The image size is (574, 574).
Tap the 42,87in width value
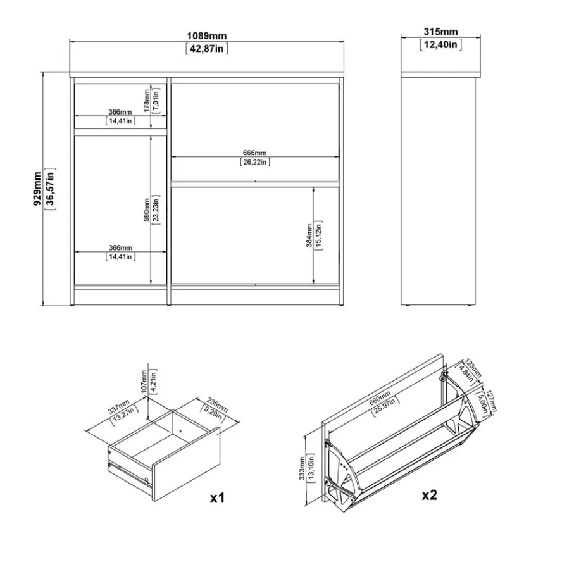click(206, 49)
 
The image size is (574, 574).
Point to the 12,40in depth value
click(440, 44)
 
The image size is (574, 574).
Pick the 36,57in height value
click(51, 189)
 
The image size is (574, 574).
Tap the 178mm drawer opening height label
click(146, 100)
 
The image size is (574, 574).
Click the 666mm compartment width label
click(255, 153)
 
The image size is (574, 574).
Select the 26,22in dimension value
click(255, 162)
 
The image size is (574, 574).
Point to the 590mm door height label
click(146, 209)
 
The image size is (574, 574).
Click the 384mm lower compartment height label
click(309, 235)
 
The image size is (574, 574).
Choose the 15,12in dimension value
click(319, 235)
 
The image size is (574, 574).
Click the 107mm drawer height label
click(144, 382)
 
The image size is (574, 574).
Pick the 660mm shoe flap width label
click(382, 402)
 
